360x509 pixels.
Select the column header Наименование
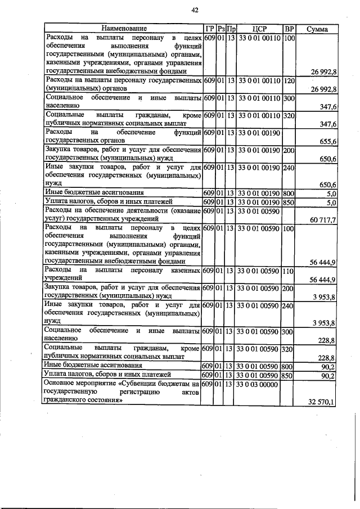(124, 28)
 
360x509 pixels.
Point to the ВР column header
(290, 28)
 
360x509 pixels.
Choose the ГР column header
(209, 28)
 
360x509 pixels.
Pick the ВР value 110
(289, 271)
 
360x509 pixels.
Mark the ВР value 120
(289, 82)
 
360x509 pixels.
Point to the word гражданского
(67, 402)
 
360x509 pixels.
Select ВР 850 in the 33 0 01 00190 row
(289, 201)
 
